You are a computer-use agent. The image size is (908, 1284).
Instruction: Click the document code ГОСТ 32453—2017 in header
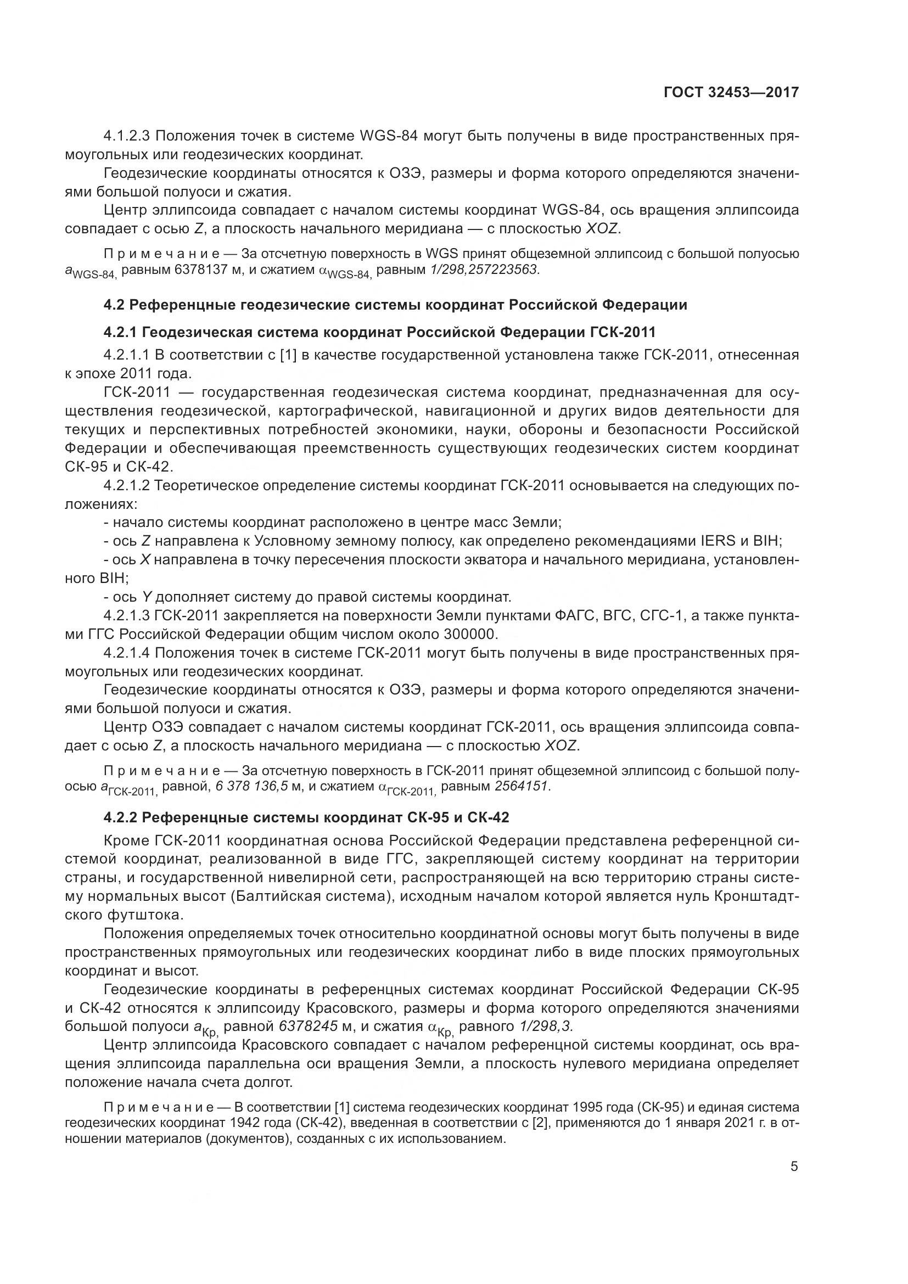(x=731, y=92)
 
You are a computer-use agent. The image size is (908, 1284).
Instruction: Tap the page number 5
(x=794, y=1167)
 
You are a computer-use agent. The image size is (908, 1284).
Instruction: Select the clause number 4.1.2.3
(x=127, y=136)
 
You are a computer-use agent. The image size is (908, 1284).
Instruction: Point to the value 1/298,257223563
(x=483, y=270)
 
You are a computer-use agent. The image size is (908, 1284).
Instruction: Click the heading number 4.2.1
(x=120, y=332)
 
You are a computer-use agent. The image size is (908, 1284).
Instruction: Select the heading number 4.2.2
(x=120, y=817)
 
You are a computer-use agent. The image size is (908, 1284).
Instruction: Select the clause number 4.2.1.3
(x=127, y=616)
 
